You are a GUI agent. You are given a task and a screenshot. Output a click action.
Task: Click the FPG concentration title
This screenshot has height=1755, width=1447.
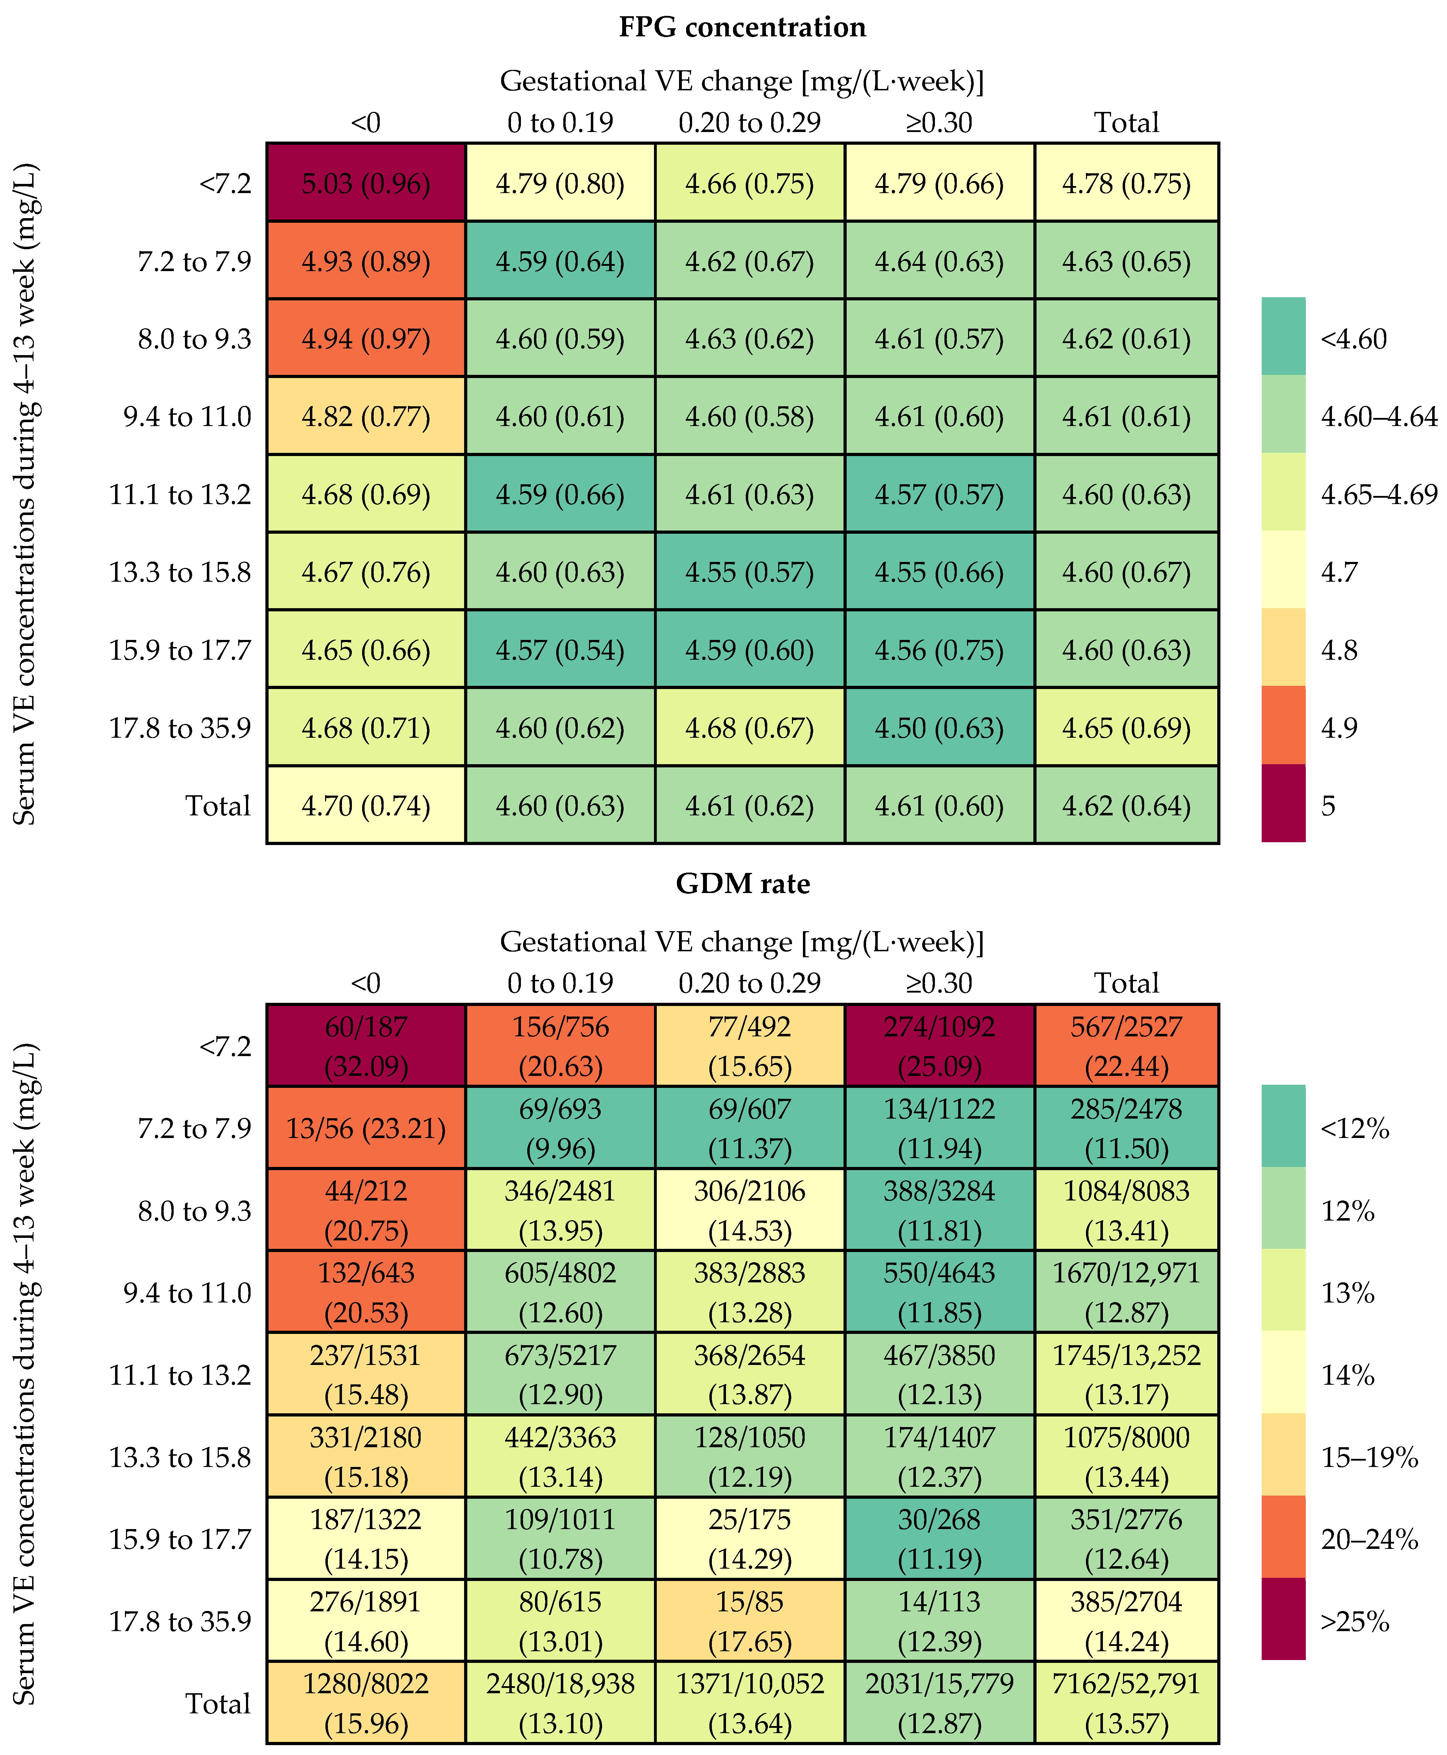[x=742, y=28]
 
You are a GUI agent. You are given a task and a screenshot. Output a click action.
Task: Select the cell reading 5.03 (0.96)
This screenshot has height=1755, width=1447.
[x=366, y=184]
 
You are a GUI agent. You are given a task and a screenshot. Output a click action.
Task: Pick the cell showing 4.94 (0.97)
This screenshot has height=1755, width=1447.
[x=366, y=339]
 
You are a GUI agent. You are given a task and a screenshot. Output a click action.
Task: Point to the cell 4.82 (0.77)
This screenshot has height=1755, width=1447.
[x=366, y=417]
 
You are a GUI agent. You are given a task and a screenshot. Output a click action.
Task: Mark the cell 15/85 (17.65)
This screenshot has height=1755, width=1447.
[x=749, y=1622]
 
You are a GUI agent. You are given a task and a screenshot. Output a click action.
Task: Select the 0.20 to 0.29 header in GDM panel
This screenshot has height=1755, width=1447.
[x=749, y=983]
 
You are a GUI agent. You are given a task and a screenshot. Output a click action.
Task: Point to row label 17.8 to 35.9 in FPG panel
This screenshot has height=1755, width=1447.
[x=180, y=728]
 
